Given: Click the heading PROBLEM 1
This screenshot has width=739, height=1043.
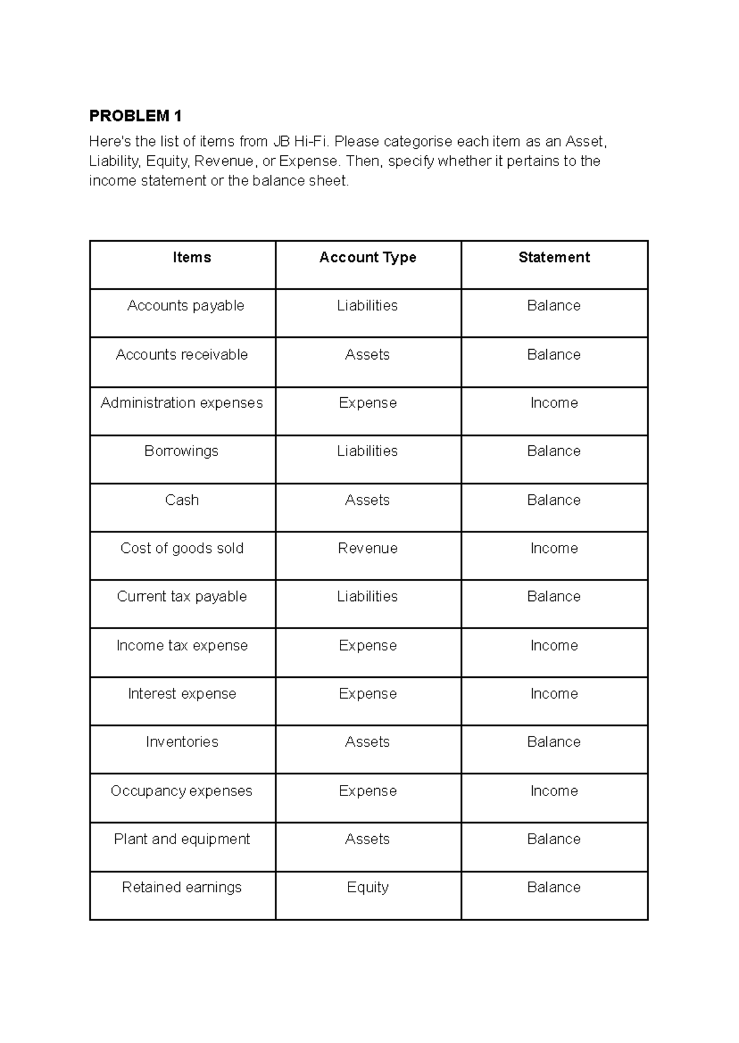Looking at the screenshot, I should click(135, 116).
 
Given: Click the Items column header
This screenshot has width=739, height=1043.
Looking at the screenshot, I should click(192, 257).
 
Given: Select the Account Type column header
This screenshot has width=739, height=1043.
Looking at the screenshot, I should click(368, 257).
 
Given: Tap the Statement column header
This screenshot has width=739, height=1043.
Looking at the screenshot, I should click(554, 257).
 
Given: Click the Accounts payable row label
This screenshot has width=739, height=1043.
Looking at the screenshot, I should click(185, 306).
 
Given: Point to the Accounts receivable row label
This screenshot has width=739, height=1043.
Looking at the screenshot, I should click(182, 355).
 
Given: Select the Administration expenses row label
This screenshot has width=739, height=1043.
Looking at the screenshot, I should click(182, 403).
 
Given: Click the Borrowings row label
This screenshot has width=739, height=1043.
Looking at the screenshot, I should click(182, 451).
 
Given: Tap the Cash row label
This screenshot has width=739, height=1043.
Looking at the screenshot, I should click(182, 500).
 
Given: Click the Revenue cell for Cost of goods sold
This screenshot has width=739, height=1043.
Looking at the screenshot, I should click(368, 548).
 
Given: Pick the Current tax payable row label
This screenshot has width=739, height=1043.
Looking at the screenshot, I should click(182, 597).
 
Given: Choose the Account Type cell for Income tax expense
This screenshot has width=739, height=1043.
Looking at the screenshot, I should click(368, 645).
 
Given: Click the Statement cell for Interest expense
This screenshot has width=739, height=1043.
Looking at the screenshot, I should click(554, 694).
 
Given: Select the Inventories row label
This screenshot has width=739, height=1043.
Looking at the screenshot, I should click(182, 742).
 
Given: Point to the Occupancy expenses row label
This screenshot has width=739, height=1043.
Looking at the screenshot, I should click(182, 791).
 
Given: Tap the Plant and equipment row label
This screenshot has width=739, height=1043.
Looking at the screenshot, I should click(182, 839).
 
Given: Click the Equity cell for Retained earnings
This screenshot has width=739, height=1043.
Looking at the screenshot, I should click(368, 887).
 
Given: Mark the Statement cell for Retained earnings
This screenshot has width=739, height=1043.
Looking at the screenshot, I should click(554, 887).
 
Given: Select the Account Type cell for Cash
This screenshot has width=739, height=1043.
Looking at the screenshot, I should click(368, 500).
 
